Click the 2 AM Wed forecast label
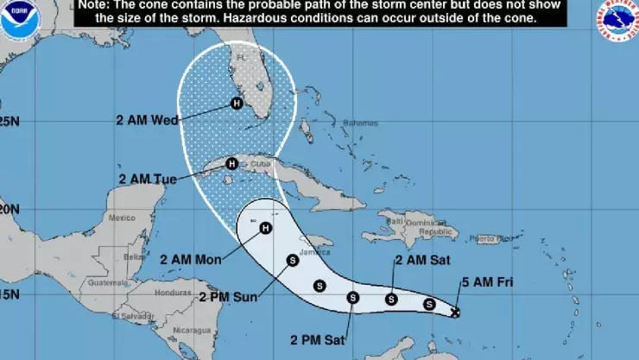(x=147, y=120)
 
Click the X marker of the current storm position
(x=455, y=312)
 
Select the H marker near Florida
(x=236, y=104)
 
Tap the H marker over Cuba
(x=231, y=163)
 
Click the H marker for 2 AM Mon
(x=265, y=228)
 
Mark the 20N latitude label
(x=9, y=208)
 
